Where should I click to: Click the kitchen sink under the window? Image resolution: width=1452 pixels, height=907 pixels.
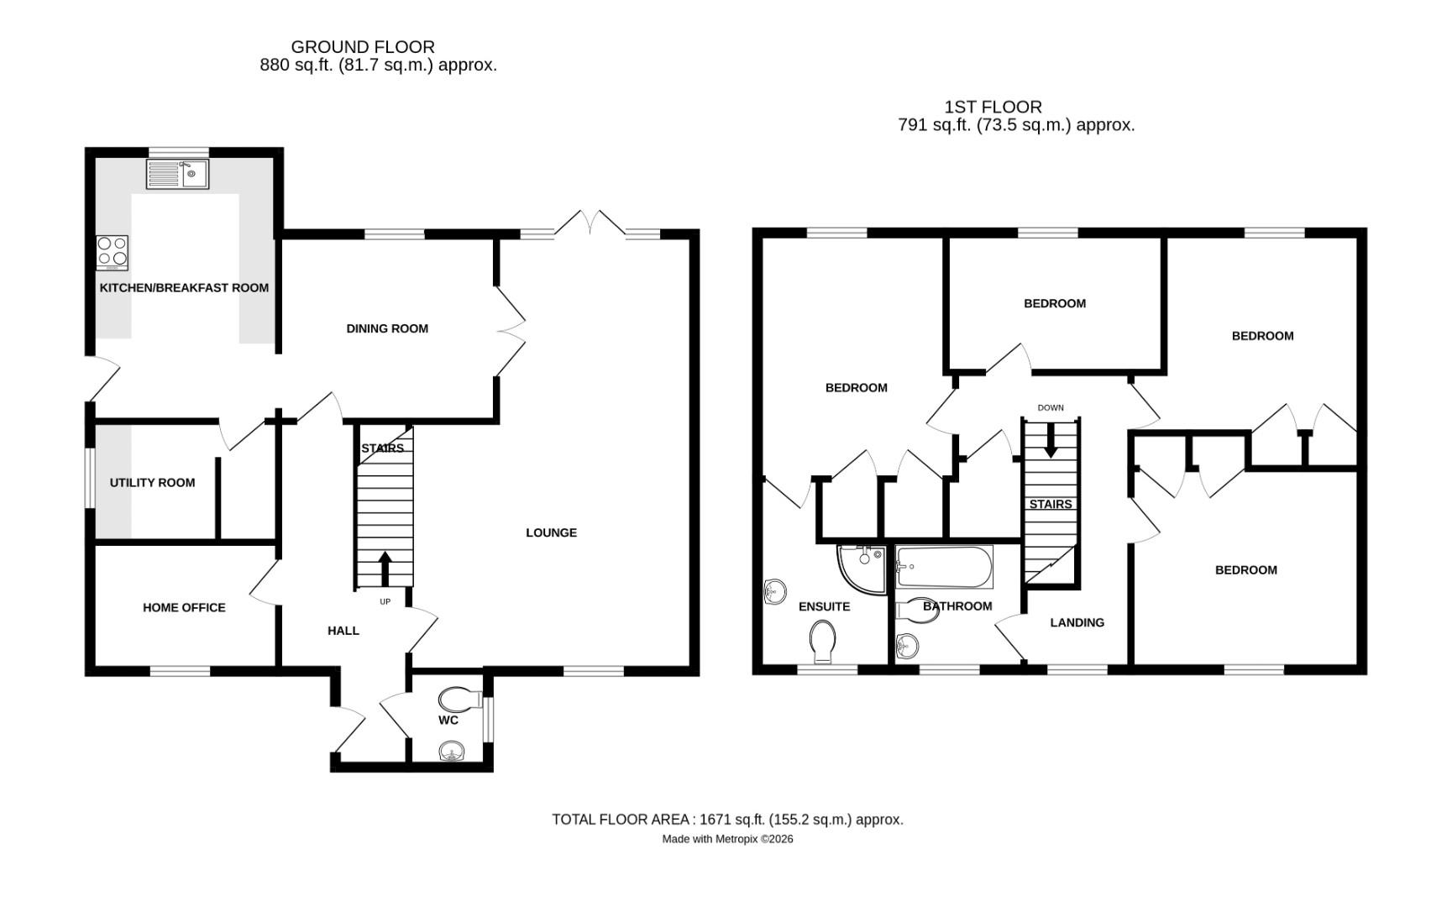pos(177,175)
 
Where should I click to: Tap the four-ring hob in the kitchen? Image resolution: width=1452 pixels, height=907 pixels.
pos(112,252)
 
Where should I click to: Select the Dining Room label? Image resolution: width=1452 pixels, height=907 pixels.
pos(387,328)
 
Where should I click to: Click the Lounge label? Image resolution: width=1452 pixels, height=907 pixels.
pos(551,532)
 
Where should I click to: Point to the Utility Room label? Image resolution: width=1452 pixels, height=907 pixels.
pos(152,483)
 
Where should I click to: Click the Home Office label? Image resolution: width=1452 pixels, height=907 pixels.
pos(184,607)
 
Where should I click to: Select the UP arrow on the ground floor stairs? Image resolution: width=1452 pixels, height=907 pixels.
pos(385,569)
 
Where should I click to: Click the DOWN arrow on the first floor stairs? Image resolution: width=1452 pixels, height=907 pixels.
pos(1050,440)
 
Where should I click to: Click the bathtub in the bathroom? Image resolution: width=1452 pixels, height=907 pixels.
pos(945,567)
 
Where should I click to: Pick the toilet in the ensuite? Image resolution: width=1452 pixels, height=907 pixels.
pos(823,642)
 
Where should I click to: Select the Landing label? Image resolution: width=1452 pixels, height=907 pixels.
pos(1077,622)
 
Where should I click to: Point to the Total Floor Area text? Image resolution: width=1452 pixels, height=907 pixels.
pos(727,819)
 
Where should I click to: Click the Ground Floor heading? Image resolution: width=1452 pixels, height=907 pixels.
pos(363,47)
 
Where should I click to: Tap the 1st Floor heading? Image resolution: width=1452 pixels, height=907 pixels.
pos(993,107)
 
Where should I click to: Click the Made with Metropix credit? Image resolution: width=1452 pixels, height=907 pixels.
pos(727,839)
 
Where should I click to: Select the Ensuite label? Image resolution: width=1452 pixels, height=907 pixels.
pos(824,606)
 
